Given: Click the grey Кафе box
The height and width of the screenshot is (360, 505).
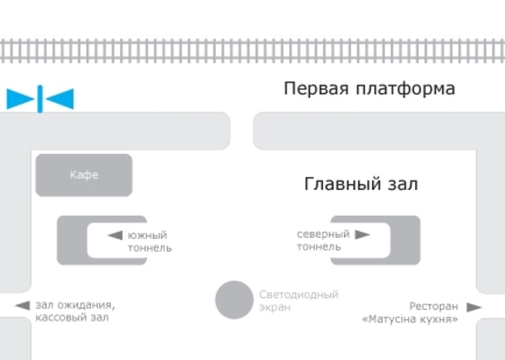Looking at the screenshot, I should point(84,175).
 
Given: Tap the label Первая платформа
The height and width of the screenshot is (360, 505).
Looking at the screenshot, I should point(369,89).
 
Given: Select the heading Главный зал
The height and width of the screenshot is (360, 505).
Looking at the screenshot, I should point(360,185).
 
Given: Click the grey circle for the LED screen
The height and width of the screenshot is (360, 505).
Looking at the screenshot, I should point(234,300).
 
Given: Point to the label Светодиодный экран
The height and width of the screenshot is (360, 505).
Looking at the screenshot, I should point(298,301).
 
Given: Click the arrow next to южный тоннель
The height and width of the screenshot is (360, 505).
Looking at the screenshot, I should point(115,235).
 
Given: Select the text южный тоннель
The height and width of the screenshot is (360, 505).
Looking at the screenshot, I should point(149,241).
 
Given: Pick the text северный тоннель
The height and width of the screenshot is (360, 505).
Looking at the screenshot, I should point(323,240).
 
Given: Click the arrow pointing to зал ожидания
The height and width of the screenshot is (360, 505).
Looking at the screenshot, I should point(22,306).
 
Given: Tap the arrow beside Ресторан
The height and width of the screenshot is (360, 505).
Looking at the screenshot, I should point(473,307).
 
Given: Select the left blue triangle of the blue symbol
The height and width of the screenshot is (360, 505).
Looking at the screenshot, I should point(20,99).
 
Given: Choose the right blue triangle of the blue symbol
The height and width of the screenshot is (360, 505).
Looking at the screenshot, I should point(60,99).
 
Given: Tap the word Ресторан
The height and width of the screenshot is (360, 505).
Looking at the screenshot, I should point(433,306).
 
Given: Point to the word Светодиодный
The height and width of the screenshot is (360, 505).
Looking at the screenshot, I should point(298,295).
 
